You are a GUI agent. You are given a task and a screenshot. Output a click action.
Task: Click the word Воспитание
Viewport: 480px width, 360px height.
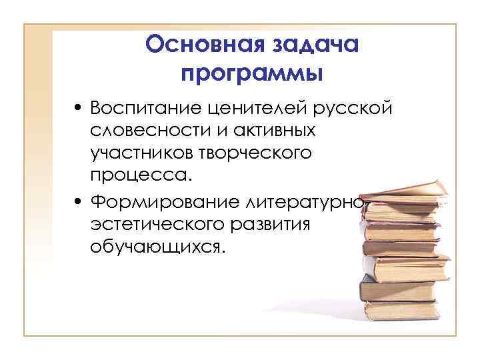(x=147, y=108)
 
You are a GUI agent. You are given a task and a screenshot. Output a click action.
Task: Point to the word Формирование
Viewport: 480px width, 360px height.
(x=165, y=201)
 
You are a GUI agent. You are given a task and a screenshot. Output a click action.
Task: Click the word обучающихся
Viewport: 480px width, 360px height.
(x=159, y=247)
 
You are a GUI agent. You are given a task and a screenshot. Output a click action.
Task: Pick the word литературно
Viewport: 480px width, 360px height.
(x=307, y=201)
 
